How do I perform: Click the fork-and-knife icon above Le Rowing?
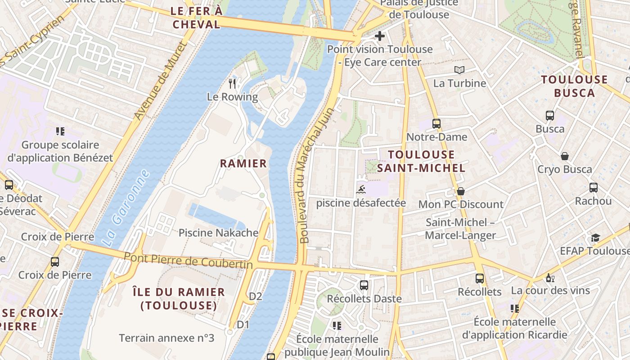coord(232,83)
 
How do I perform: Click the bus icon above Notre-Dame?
coord(436,123)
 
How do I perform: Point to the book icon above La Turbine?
coord(459,70)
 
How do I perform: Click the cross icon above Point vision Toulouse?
coord(380,36)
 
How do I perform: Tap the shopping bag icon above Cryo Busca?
coord(565,156)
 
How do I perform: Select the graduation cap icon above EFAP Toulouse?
coord(595,238)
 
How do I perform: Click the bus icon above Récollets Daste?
coord(364,285)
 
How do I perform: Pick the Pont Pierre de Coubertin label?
coord(188,261)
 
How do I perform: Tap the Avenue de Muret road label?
coord(160,81)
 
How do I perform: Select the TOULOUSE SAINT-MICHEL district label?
coord(421,161)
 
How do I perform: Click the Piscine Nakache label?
coord(218,233)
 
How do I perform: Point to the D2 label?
coord(255,296)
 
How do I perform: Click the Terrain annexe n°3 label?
coord(166,338)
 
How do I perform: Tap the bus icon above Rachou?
coord(593,188)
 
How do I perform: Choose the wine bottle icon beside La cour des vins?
coord(549,278)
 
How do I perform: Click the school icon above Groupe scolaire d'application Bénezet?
coord(60,131)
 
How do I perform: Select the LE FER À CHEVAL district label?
coord(197,18)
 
